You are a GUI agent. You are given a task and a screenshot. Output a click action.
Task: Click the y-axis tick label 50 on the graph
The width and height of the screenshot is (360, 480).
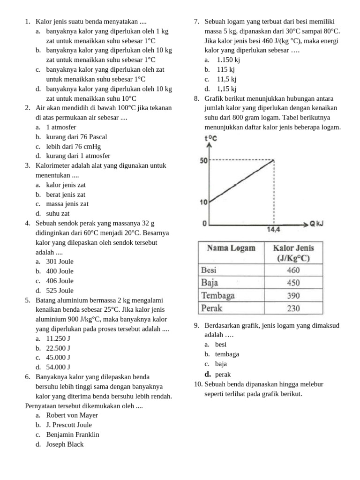coord(203,161)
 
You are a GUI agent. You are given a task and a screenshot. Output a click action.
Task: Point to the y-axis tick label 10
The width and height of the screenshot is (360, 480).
coord(203,202)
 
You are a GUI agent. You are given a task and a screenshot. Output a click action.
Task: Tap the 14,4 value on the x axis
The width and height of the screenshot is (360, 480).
coord(274,230)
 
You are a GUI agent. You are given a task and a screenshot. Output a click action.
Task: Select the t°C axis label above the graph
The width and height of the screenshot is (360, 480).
coord(210,138)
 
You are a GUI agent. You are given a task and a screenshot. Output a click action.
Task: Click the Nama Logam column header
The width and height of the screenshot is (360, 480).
coord(231,248)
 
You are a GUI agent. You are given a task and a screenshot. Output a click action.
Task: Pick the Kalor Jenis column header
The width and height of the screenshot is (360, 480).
coord(293,253)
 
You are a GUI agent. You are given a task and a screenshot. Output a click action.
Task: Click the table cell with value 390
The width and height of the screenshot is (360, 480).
coord(293,296)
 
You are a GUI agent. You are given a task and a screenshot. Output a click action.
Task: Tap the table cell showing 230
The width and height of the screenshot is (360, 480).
coord(293,308)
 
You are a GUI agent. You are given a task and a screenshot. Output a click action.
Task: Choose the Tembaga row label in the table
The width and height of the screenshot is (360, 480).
coord(217,295)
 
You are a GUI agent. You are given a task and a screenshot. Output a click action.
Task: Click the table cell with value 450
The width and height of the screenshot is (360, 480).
coord(293,283)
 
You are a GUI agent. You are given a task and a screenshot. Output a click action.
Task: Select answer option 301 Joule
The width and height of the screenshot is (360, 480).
coord(60,262)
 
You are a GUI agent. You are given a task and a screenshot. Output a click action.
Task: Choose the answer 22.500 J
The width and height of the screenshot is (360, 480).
coord(58,348)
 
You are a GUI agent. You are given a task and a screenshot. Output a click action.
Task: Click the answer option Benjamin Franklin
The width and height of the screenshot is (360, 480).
coord(73,435)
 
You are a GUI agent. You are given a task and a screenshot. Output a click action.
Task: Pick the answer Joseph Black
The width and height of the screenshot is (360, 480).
coord(65,444)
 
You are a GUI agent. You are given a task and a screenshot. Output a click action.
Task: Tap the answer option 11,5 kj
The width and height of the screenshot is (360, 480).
coord(226,79)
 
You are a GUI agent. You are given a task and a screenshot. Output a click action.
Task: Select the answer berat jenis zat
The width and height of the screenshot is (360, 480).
coord(66,195)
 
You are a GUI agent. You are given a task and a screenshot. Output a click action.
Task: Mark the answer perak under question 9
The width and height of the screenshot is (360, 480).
coord(223,375)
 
